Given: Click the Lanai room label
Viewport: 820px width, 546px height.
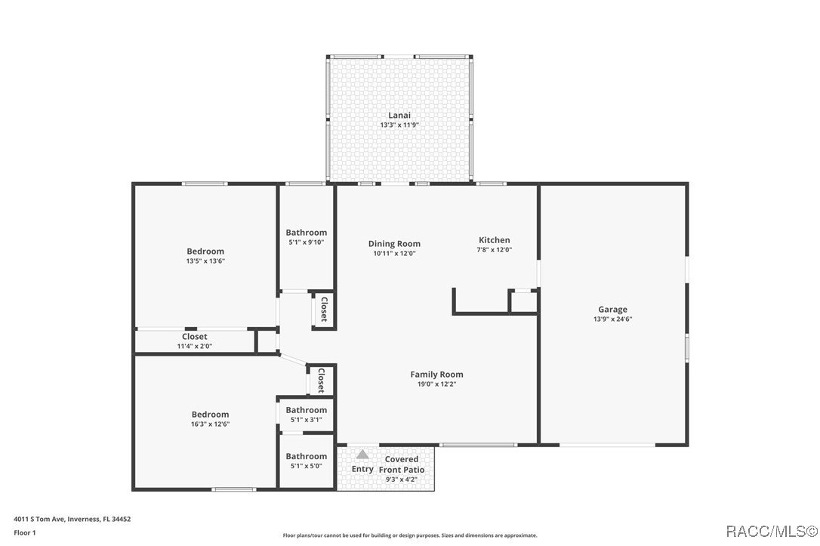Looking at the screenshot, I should pos(399,116).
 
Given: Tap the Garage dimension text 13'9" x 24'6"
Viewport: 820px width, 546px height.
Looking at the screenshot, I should pos(612,319).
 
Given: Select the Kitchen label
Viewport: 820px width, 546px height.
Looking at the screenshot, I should pos(494,240).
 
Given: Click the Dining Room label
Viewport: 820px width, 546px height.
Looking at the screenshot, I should pos(394,244).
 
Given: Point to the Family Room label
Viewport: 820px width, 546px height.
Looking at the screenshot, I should pos(436,375).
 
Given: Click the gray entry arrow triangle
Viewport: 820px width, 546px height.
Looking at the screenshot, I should pos(362,455).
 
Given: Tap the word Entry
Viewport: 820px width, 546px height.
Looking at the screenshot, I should pos(362,469).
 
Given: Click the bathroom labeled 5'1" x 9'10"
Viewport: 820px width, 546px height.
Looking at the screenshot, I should pos(306,233).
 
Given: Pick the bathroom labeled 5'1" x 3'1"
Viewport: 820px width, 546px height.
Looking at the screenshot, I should pos(306,410).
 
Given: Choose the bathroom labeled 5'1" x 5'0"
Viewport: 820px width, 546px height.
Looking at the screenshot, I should pos(306,456).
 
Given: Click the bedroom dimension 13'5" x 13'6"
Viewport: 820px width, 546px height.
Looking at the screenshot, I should pos(205,261).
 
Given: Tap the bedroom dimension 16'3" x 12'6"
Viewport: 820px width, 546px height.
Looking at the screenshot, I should pos(210,424).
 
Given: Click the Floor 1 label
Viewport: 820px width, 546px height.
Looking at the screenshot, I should pos(25,532).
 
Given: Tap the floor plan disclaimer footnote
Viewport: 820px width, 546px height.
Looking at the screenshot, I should pos(410,535).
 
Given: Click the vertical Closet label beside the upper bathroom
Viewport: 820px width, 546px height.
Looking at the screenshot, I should pos(323,310).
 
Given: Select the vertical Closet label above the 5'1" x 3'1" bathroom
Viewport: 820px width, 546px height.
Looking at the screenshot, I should pos(321,381).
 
